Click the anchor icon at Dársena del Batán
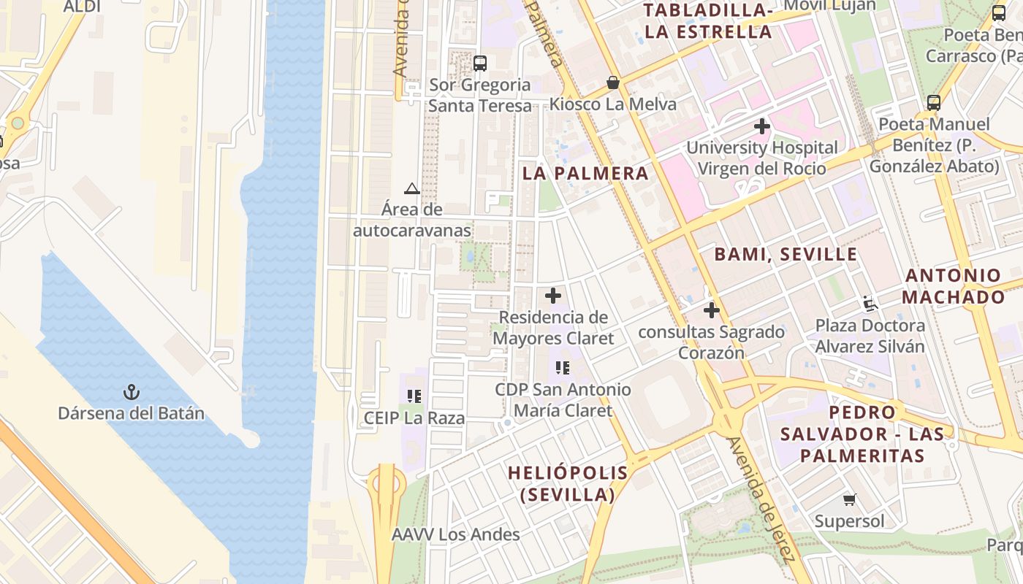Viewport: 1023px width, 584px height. tap(131, 393)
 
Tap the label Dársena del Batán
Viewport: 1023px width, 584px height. tap(131, 414)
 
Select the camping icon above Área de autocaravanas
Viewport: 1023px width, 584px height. tap(412, 189)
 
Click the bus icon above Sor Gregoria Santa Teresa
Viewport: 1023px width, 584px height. tap(479, 64)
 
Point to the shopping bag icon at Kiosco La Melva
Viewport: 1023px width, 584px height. tap(613, 83)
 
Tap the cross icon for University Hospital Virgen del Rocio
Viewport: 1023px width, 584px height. tap(762, 126)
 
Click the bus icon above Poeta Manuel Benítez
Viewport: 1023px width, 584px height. tap(934, 103)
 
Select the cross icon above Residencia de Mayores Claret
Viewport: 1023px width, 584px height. tap(553, 296)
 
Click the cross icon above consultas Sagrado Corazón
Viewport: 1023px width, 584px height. tap(711, 310)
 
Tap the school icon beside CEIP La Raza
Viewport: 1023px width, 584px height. tap(414, 396)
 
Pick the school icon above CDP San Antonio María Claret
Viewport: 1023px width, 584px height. tap(562, 368)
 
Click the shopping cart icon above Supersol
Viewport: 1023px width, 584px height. tap(849, 500)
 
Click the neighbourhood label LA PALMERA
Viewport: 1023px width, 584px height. tap(586, 174)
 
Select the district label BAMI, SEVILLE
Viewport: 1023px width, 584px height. tap(786, 255)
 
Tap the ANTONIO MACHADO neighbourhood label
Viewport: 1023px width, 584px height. tap(953, 286)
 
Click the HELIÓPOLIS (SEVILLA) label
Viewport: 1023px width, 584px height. tap(568, 483)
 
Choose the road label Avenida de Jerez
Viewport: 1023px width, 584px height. tap(760, 499)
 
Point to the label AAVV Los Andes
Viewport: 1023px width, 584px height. tap(456, 534)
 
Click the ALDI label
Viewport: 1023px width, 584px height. tap(82, 7)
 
